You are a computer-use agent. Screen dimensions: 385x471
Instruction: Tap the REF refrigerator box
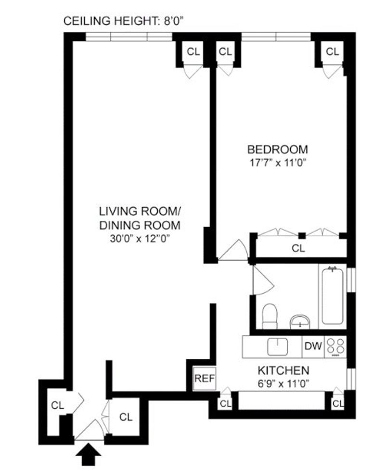point(205,379)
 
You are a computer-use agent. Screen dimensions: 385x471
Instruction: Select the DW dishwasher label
point(313,346)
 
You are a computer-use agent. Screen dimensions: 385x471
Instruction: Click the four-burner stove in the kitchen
point(336,347)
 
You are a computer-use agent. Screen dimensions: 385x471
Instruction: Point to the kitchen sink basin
point(277,346)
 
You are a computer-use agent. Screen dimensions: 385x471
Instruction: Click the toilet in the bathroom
point(269,316)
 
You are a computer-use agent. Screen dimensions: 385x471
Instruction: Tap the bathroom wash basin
point(300,322)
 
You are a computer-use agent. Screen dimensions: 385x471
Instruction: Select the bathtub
point(333,296)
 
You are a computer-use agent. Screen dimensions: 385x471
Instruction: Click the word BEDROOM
point(277,149)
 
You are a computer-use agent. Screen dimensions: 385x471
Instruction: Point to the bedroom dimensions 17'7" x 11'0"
point(278,163)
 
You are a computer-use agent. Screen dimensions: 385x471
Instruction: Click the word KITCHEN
point(283,370)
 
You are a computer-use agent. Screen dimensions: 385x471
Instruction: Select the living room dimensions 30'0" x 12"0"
point(140,239)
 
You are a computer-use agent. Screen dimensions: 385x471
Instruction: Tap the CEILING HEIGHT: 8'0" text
point(124,21)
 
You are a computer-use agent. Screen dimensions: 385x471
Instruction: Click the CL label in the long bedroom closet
point(298,248)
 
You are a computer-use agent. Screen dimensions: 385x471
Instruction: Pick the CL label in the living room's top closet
point(193,51)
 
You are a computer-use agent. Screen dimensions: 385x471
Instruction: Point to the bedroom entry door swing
point(233,250)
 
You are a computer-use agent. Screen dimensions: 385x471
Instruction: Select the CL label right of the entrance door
point(126,417)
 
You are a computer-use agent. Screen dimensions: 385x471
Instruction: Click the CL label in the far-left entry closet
point(57,405)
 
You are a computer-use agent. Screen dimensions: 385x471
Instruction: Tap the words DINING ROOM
point(140,225)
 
